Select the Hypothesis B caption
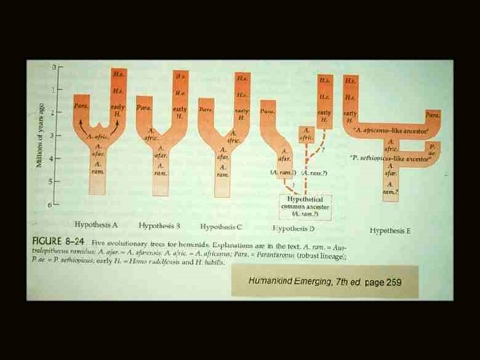pyautogui.click(x=159, y=225)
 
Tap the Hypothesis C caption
pyautogui.click(x=221, y=226)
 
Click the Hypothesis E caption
pyautogui.click(x=391, y=231)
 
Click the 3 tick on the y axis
pyautogui.click(x=52, y=136)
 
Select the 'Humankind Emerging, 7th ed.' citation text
pyautogui.click(x=305, y=281)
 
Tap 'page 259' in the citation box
pyautogui.click(x=383, y=282)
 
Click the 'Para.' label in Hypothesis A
pyautogui.click(x=80, y=106)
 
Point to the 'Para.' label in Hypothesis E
pyautogui.click(x=433, y=115)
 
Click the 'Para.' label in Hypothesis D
pyautogui.click(x=267, y=112)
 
